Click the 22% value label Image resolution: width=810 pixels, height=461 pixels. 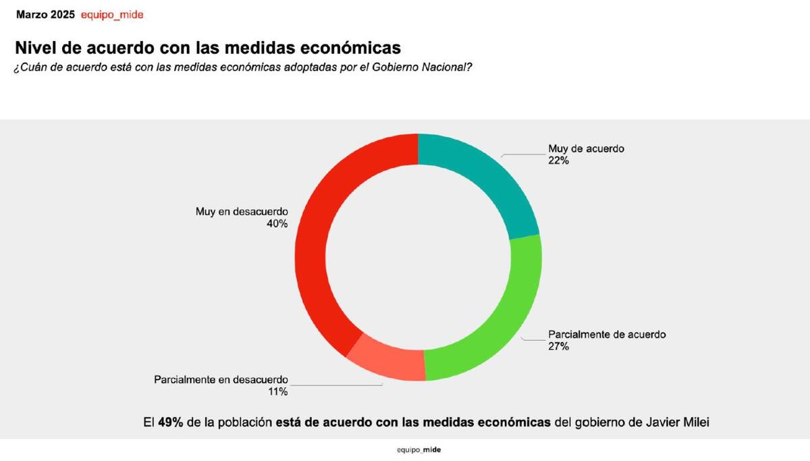pos(559,161)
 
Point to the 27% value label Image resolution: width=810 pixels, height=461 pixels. pos(558,346)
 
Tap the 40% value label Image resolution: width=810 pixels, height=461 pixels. pos(277,223)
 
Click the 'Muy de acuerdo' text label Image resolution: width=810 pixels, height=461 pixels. pos(586,149)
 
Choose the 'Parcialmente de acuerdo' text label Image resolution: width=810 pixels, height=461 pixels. pos(607,335)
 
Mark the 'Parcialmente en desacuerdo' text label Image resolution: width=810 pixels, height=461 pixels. pos(221,379)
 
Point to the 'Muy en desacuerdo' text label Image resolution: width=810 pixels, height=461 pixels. pos(242,212)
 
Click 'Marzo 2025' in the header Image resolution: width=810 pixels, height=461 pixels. pos(45,14)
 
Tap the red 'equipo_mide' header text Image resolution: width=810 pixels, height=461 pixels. pos(111,14)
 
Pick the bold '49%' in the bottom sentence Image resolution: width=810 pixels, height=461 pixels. pos(170,423)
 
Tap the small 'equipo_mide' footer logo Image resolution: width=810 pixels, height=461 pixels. pos(418,450)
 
